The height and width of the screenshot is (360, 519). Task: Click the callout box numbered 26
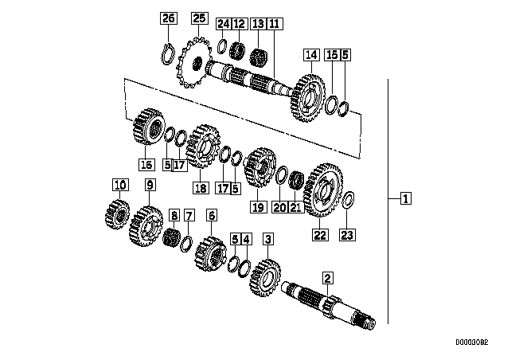(169, 18)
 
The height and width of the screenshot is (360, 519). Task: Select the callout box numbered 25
(199, 18)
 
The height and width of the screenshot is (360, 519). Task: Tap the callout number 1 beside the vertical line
(406, 198)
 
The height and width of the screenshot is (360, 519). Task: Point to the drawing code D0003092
(472, 342)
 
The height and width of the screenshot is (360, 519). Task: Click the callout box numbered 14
(311, 55)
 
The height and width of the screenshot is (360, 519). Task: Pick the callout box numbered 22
(320, 235)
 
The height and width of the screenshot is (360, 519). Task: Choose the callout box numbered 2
(328, 278)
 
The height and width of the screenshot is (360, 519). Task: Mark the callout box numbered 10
(120, 185)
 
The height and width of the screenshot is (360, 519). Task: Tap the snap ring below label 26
(168, 54)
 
